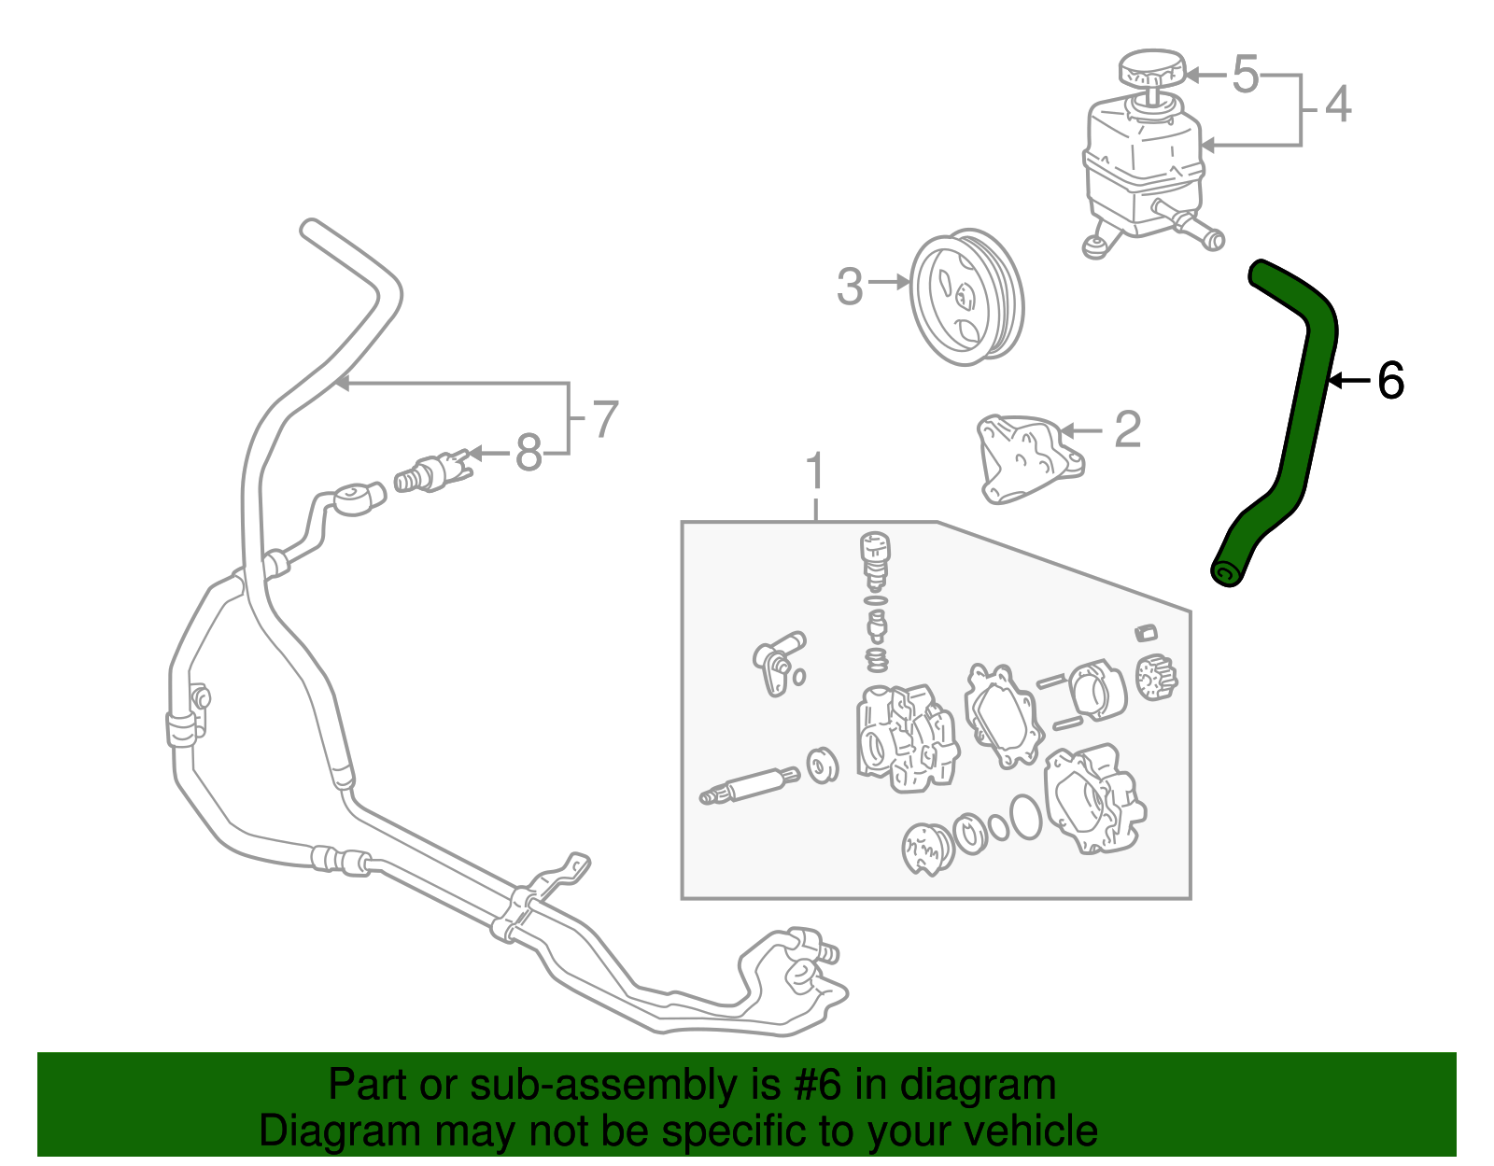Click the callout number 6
1390,381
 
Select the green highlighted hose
1307,411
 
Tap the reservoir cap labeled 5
1151,70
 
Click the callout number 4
1338,104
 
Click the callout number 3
850,286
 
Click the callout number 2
1128,429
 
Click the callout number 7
605,419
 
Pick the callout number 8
529,454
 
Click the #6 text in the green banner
817,1085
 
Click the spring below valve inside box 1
876,660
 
